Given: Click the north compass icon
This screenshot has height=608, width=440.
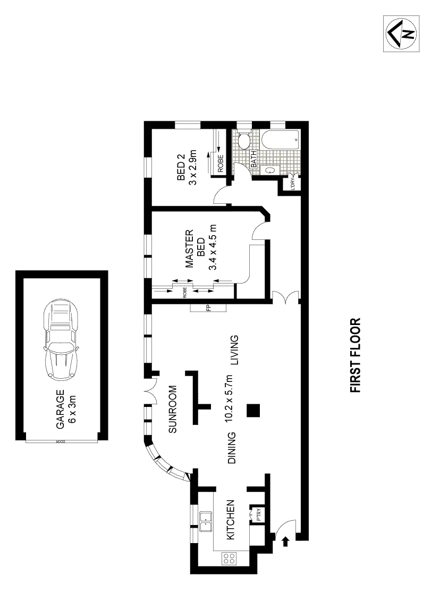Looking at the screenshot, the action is [x=402, y=34].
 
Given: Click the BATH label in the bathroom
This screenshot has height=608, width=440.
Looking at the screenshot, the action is [x=254, y=159].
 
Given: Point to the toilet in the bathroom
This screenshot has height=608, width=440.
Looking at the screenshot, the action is [x=244, y=141].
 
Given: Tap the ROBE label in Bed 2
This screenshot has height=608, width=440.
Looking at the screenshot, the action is [x=220, y=162].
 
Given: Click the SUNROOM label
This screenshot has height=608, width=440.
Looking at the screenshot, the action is [x=172, y=408].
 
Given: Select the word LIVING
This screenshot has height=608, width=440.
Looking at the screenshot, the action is [x=233, y=349].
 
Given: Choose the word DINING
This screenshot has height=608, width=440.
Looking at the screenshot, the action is [x=232, y=447].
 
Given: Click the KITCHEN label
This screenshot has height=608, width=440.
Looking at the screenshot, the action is [x=231, y=519].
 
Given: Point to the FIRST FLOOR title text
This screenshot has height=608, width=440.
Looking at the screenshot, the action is [x=355, y=355].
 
